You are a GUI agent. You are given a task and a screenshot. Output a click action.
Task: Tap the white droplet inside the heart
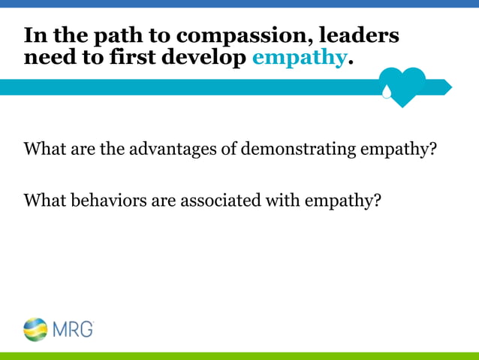click(x=387, y=92)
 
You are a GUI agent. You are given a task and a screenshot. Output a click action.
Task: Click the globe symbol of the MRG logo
click(x=35, y=328)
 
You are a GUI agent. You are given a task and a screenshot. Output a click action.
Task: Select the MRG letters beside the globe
click(x=72, y=328)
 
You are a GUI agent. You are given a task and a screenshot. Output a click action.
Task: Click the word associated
click(x=211, y=201)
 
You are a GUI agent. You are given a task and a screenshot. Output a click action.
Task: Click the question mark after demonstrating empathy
click(x=432, y=149)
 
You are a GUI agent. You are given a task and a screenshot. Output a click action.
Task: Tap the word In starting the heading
click(x=34, y=35)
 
